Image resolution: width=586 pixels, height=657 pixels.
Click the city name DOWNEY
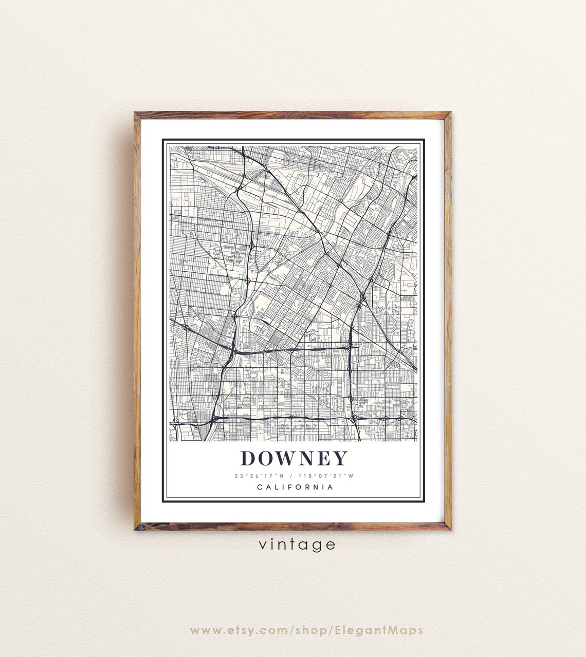(x=294, y=458)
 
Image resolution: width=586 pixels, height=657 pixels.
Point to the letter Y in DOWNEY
(x=340, y=458)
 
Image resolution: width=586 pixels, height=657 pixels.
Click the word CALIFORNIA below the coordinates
(x=295, y=487)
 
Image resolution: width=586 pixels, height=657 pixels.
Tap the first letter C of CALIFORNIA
(x=259, y=487)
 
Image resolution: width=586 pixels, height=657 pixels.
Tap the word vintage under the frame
(x=297, y=544)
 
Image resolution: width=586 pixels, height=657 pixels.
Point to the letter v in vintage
(x=263, y=545)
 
